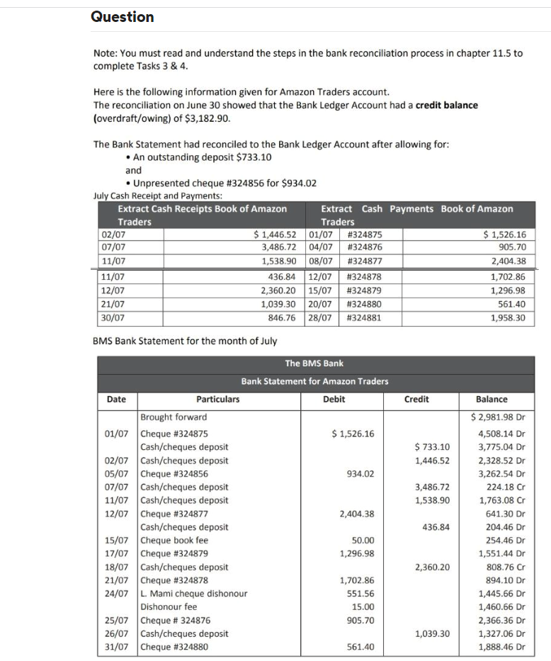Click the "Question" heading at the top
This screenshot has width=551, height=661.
coord(122,17)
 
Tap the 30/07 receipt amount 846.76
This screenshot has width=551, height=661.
coord(278,317)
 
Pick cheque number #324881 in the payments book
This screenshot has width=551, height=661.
coord(365,317)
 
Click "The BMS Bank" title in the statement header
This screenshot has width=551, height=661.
coord(314,363)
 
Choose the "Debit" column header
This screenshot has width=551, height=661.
coord(334,399)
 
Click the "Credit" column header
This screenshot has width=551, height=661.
coord(416,399)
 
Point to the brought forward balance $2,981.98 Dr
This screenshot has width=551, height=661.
coord(500,417)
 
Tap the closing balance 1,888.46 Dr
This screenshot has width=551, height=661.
coord(502,647)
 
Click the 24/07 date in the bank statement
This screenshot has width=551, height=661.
coord(118,594)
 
